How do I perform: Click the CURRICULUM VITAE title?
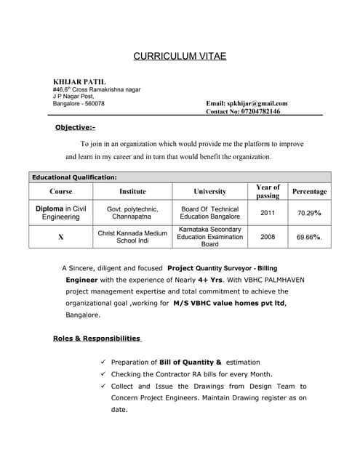click(180, 56)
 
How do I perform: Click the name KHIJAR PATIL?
click(79, 81)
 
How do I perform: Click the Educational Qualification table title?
click(74, 177)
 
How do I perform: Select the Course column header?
click(61, 191)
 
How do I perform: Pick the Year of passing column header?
click(268, 191)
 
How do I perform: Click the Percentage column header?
click(309, 191)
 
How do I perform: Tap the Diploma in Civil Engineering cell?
click(61, 213)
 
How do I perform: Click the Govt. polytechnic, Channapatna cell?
click(132, 213)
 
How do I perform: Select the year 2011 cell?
click(268, 213)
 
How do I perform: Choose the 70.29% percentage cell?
click(309, 213)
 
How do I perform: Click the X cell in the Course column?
click(61, 237)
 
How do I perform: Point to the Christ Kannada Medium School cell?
click(132, 237)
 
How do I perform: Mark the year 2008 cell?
click(268, 237)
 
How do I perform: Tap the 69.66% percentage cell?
click(309, 237)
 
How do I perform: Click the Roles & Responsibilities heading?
click(97, 338)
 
